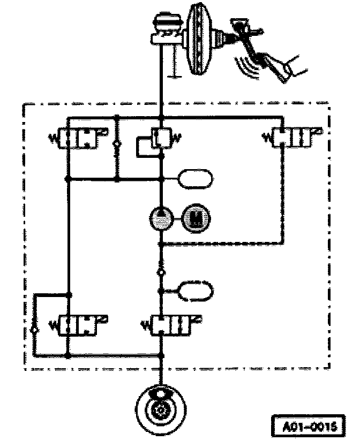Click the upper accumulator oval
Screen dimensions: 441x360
click(x=197, y=178)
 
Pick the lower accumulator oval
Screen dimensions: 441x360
click(x=197, y=290)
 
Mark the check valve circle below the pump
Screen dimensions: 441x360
click(x=160, y=272)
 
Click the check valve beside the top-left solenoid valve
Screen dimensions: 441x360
click(x=117, y=145)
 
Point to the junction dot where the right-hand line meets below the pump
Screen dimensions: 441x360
click(x=161, y=244)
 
